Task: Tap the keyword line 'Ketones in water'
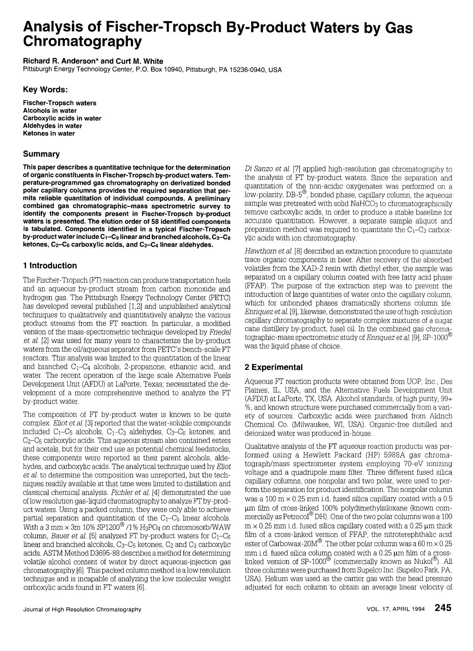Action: point(49,133)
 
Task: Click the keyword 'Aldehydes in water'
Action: point(52,126)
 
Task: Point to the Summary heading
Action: point(41,154)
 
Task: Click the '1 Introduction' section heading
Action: point(50,266)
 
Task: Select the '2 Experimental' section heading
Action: point(274,367)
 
